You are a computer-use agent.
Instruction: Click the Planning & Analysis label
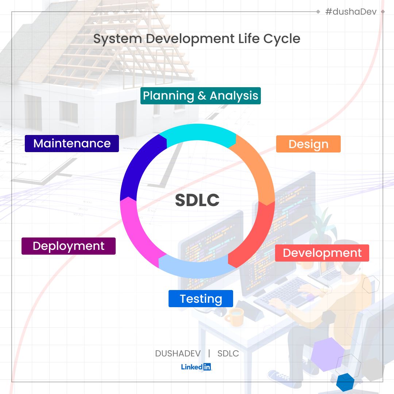coord(200,96)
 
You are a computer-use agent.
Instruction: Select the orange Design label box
coord(308,144)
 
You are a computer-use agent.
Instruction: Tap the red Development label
coord(322,253)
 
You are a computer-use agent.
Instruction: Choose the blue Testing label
coord(201,299)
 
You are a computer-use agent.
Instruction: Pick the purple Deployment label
coord(69,246)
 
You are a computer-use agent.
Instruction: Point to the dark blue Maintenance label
coord(72,143)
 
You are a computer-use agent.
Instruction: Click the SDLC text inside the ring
coord(197,200)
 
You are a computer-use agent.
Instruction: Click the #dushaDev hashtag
coord(351,12)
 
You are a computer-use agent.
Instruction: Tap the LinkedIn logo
coord(196,367)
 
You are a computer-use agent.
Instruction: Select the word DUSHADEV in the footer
coord(178,354)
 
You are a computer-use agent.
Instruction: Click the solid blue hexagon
coord(345,382)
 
